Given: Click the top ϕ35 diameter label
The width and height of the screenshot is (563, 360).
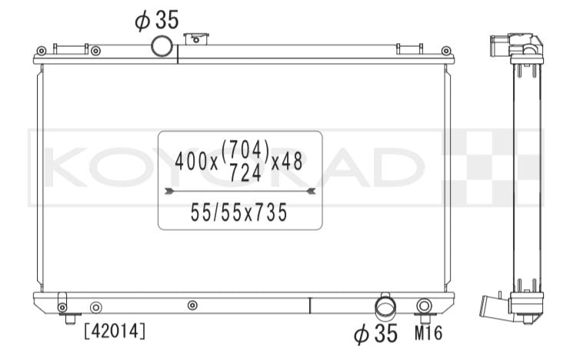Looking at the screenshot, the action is coord(157,20).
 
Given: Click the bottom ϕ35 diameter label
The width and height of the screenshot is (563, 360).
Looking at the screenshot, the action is coord(375,333).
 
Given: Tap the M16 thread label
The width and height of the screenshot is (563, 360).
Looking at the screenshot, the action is coord(428,333).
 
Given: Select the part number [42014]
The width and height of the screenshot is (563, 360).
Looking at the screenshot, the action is coord(115,331).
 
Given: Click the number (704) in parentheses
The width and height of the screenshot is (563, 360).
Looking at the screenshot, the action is coord(245,149).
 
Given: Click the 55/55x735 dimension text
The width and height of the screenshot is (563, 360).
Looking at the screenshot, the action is coord(238,212).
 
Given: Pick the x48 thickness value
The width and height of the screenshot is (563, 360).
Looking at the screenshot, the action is coord(287,162).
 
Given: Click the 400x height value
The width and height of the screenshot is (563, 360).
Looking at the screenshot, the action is coord(196,162).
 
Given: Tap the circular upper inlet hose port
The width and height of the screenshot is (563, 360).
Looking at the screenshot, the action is coord(162,46).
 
